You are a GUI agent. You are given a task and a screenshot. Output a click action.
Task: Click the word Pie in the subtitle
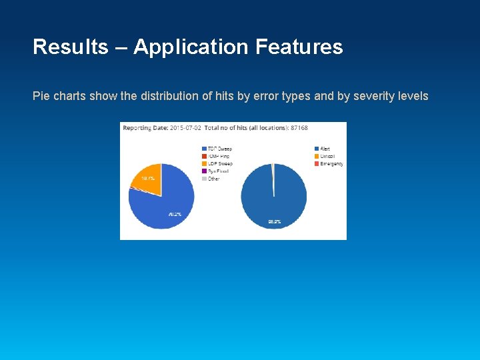(41, 96)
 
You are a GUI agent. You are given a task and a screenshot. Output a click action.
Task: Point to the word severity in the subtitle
(375, 96)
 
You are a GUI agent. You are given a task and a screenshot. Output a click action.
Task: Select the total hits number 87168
(297, 127)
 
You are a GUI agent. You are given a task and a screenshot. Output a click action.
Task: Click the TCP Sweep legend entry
(219, 148)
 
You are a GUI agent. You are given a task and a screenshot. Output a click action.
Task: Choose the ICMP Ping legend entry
(219, 156)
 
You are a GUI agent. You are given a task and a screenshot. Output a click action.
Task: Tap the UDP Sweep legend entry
(219, 163)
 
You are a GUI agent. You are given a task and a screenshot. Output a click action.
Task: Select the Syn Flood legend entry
(217, 171)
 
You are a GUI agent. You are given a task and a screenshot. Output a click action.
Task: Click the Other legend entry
(213, 179)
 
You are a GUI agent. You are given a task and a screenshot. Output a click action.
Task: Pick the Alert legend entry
(324, 148)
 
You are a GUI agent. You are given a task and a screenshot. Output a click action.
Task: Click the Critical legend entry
(327, 156)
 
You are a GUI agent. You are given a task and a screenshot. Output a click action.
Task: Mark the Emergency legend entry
(331, 163)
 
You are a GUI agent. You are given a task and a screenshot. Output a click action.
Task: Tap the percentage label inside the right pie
(273, 221)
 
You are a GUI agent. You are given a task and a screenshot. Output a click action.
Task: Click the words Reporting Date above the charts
(145, 127)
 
